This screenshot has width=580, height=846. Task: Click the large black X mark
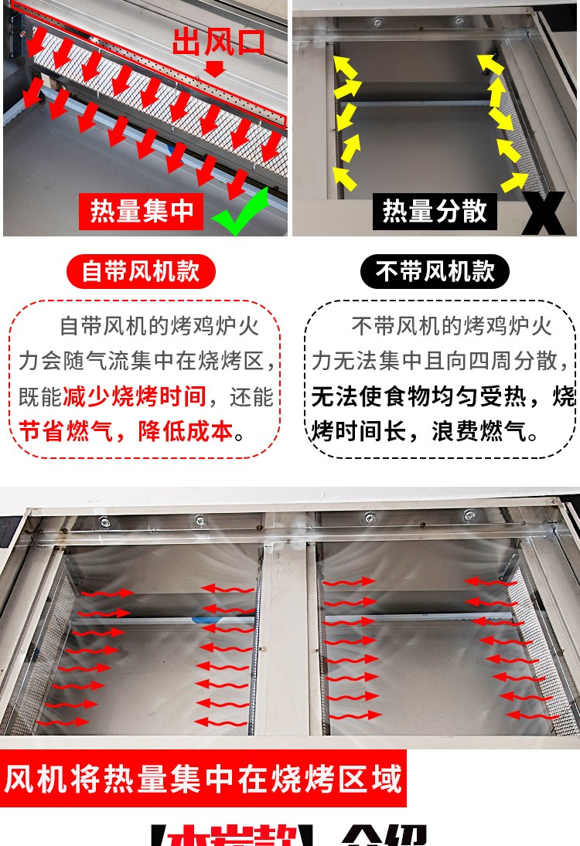[551, 212]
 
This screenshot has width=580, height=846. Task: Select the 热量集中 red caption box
[142, 211]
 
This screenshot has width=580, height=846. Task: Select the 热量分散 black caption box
[435, 211]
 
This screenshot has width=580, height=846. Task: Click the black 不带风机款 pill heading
[435, 271]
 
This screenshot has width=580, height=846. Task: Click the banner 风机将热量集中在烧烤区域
[203, 779]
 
